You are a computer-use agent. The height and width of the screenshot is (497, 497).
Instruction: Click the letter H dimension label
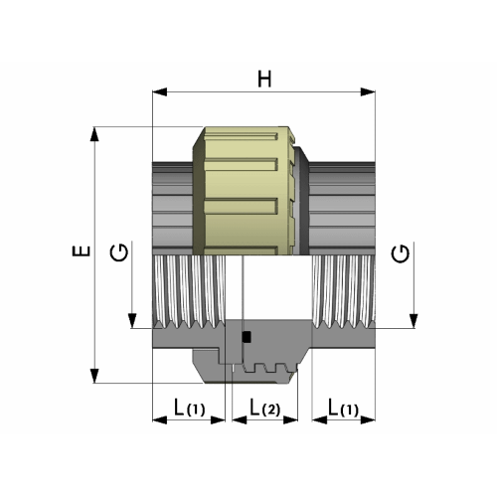coord(264,79)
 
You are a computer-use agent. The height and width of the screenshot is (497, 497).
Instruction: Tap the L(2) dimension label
coord(265,408)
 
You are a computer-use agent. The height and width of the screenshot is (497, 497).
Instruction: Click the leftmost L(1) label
coord(189,408)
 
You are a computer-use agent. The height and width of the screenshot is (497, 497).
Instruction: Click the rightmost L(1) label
coord(344,408)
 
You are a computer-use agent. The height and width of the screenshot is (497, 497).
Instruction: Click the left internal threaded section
coord(194,290)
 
